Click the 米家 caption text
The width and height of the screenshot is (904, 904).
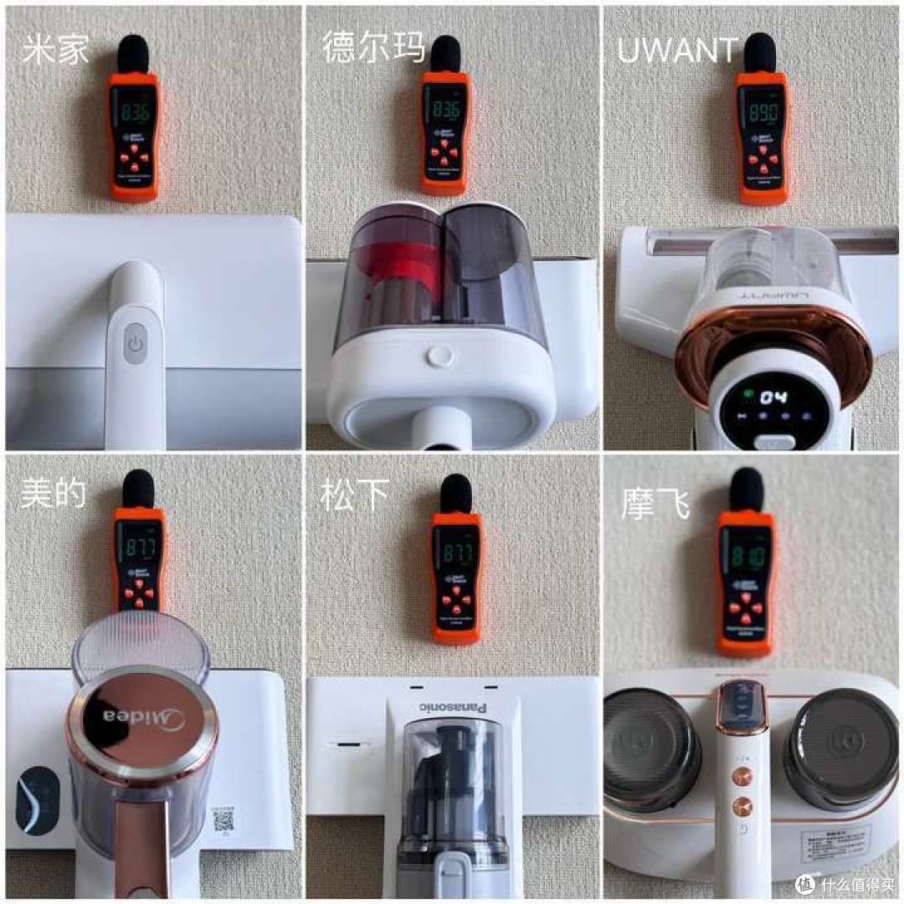(55, 50)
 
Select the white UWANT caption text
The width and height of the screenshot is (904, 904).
(677, 51)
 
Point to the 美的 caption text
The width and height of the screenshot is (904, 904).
(54, 494)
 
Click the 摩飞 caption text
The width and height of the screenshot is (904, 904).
(655, 505)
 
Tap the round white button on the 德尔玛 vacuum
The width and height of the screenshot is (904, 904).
(439, 356)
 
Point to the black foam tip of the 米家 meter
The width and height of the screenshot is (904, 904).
(132, 54)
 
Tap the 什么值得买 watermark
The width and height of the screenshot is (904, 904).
(845, 884)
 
